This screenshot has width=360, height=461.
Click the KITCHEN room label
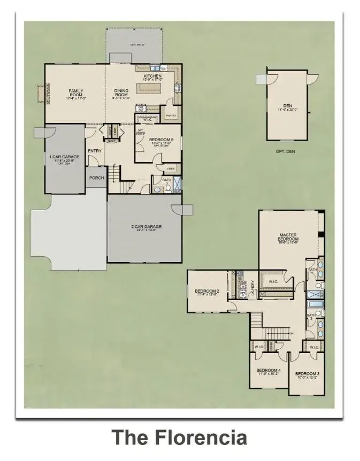[x=152, y=76]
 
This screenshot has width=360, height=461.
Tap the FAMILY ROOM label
[x=76, y=91]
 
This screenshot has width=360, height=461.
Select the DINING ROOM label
[x=121, y=91]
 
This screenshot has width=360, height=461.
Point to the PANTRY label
[x=171, y=116]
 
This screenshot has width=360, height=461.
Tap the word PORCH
[x=96, y=178]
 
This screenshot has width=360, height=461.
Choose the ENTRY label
[x=95, y=151]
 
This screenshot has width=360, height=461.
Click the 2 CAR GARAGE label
[x=146, y=227]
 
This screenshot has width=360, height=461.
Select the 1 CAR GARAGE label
[x=64, y=157]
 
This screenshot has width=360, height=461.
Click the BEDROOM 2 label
[x=206, y=291]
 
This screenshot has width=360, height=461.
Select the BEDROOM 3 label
[x=308, y=373]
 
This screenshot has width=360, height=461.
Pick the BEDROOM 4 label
[x=268, y=371]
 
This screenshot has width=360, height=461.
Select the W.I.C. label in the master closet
[x=273, y=281]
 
